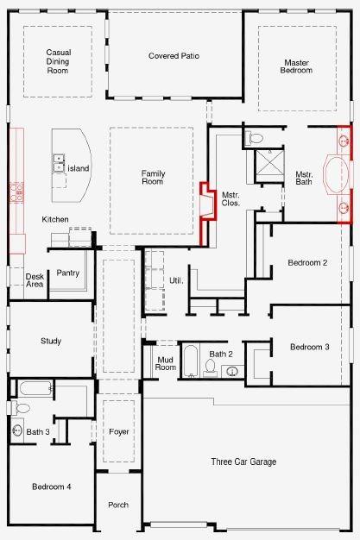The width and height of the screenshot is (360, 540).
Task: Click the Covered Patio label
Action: [x=174, y=56]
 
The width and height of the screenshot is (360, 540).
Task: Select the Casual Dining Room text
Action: [x=58, y=61]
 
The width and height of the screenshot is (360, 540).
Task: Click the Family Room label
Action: [x=153, y=178]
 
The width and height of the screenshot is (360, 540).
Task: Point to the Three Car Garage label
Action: [x=243, y=462]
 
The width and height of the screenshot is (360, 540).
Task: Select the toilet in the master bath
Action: [x=256, y=138]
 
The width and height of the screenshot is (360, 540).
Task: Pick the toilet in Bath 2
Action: [x=210, y=368]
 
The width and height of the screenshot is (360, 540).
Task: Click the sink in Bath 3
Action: [x=17, y=430]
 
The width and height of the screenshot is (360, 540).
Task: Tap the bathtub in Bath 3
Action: [x=31, y=388]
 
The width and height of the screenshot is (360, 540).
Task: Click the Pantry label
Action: [x=67, y=273]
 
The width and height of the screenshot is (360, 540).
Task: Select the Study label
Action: [x=51, y=341]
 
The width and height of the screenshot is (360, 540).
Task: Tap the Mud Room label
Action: [x=166, y=363]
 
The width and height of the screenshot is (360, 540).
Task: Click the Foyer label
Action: [x=119, y=431]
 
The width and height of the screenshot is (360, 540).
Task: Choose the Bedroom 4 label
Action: [x=52, y=487]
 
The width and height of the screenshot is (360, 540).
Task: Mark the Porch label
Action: [x=118, y=505]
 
